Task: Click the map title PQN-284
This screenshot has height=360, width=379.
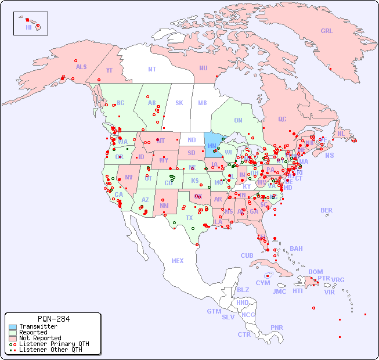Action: pos(53,319)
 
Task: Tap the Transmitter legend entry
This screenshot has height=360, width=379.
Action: pos(38,326)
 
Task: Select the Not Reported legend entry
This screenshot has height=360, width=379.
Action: pos(39,338)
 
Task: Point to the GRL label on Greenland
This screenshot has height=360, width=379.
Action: pos(327,31)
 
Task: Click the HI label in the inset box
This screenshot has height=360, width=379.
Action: pos(28,27)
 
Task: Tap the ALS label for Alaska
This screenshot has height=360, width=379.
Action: pos(81,67)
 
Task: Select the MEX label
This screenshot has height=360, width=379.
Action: pos(178,261)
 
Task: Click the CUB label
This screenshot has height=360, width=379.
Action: pos(247,255)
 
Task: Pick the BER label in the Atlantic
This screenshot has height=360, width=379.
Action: pos(326,210)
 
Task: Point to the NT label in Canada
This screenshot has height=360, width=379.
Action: pos(152,69)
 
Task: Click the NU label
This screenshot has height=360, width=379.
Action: pos(203,68)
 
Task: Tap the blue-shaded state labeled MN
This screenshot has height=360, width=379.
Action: pos(212,146)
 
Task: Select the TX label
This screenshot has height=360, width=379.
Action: pos(189,218)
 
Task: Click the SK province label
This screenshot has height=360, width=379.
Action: pos(179,103)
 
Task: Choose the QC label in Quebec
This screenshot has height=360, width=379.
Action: pos(282,119)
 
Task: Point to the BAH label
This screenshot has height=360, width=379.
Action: pos(296,249)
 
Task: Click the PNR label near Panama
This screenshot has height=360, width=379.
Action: pos(277,327)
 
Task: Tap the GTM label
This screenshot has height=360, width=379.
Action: pos(214,311)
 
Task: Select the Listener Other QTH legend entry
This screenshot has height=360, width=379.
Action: pos(50,350)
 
